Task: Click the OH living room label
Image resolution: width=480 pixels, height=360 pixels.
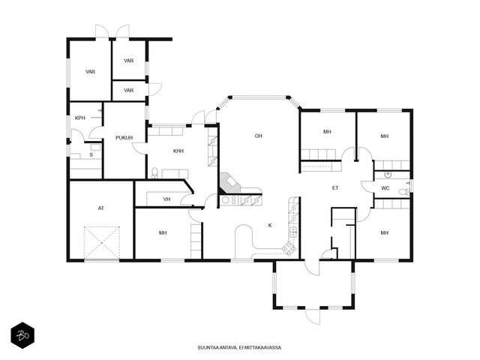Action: click(x=259, y=136)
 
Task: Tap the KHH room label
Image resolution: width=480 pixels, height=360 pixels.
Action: click(x=178, y=151)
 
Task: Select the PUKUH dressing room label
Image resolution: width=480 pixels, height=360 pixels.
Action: click(x=124, y=138)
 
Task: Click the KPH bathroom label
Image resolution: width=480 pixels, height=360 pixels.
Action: click(x=80, y=118)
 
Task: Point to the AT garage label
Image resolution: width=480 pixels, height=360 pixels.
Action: click(x=101, y=208)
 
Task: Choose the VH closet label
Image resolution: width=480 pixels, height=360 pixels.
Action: click(x=166, y=199)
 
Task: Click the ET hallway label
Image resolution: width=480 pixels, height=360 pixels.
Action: click(x=335, y=188)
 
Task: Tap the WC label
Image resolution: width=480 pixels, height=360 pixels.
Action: click(x=385, y=188)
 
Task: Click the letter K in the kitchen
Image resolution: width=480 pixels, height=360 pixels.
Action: click(x=270, y=226)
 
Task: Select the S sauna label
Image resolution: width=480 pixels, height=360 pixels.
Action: click(x=91, y=155)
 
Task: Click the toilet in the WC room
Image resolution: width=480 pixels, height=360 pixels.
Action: click(x=404, y=192)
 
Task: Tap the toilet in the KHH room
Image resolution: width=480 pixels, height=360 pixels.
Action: click(x=155, y=173)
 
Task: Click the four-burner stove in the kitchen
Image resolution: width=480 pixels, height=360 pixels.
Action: click(x=289, y=247)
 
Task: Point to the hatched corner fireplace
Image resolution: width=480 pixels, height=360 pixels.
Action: click(x=229, y=183)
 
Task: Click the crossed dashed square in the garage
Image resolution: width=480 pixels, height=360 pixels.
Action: click(x=102, y=243)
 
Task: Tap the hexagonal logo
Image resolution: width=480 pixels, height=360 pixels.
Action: click(x=22, y=335)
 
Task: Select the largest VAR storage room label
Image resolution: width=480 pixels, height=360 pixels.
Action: click(x=90, y=72)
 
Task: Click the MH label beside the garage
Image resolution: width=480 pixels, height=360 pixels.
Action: click(x=163, y=233)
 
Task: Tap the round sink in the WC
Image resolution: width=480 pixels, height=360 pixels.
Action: click(x=388, y=175)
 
